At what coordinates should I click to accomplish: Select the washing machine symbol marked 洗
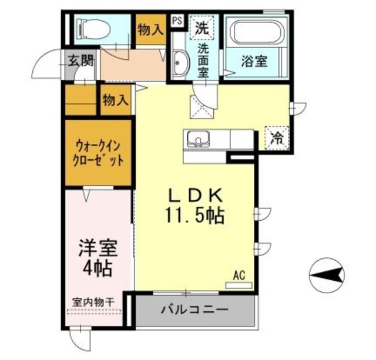pyautogui.click(x=202, y=27)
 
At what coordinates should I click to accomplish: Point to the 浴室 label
pyautogui.click(x=254, y=62)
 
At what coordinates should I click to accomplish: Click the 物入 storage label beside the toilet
pyautogui.click(x=150, y=29)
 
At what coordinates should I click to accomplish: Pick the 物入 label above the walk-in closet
pyautogui.click(x=115, y=100)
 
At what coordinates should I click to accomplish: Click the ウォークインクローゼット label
pyautogui.click(x=98, y=153)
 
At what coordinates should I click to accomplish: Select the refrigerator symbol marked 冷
pyautogui.click(x=276, y=139)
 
